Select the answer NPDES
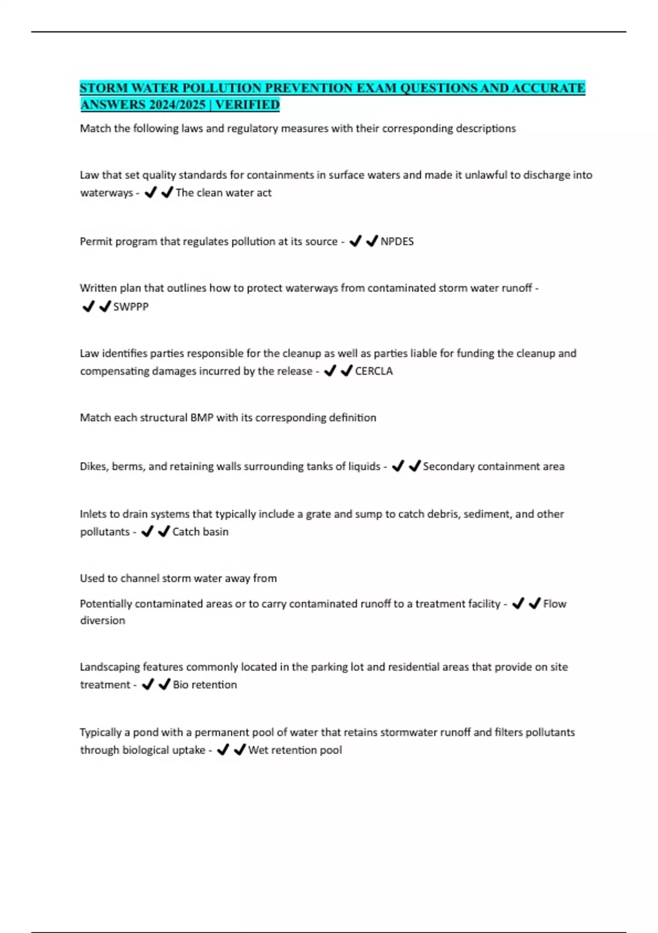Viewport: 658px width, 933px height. click(397, 241)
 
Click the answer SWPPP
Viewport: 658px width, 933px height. click(131, 307)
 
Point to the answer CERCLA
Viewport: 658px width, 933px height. click(374, 371)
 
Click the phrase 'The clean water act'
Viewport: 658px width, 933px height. click(223, 193)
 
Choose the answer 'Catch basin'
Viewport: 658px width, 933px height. click(200, 532)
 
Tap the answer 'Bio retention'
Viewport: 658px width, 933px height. click(205, 685)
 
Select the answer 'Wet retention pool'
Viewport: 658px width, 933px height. click(295, 750)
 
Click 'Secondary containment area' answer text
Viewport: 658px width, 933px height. click(493, 466)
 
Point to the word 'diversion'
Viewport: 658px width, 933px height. click(103, 621)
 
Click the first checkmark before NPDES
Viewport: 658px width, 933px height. click(355, 241)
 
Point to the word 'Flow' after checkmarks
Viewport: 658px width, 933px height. click(554, 604)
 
